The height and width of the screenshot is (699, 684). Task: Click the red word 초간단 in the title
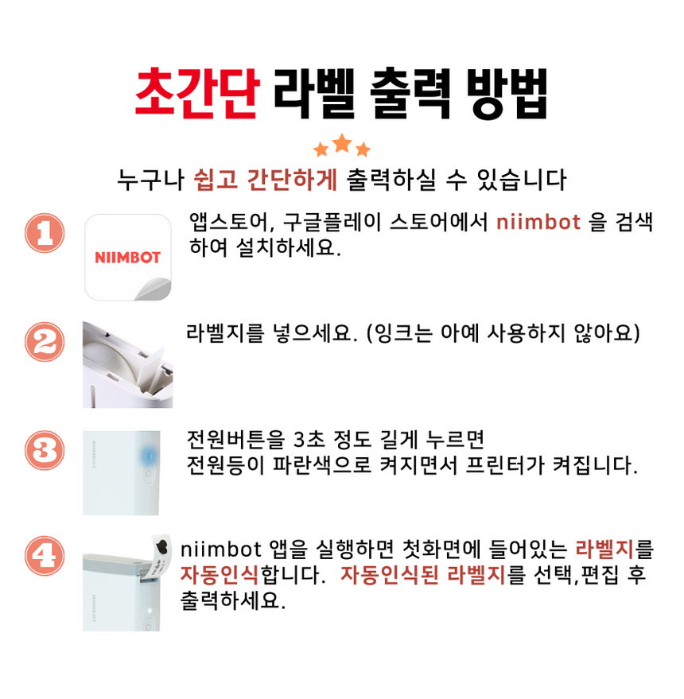click(x=197, y=94)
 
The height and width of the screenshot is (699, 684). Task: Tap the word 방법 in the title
click(x=507, y=94)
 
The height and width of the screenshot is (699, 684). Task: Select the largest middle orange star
click(x=342, y=143)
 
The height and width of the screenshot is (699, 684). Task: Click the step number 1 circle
click(x=45, y=233)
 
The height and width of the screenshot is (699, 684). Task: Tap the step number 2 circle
click(x=45, y=342)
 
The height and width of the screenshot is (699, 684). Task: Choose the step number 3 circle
click(x=45, y=450)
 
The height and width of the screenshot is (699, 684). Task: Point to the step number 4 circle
click(x=45, y=555)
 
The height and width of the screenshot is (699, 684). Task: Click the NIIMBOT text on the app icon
click(x=127, y=257)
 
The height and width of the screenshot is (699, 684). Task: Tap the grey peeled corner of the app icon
click(x=154, y=289)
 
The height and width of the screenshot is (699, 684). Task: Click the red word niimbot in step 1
click(x=538, y=222)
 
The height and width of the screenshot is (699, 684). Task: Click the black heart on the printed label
click(x=162, y=546)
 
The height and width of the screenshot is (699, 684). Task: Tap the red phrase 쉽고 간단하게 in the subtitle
click(x=266, y=179)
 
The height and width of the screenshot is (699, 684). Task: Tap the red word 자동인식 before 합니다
click(x=220, y=575)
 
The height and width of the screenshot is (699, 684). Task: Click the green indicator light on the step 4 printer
click(x=150, y=610)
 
